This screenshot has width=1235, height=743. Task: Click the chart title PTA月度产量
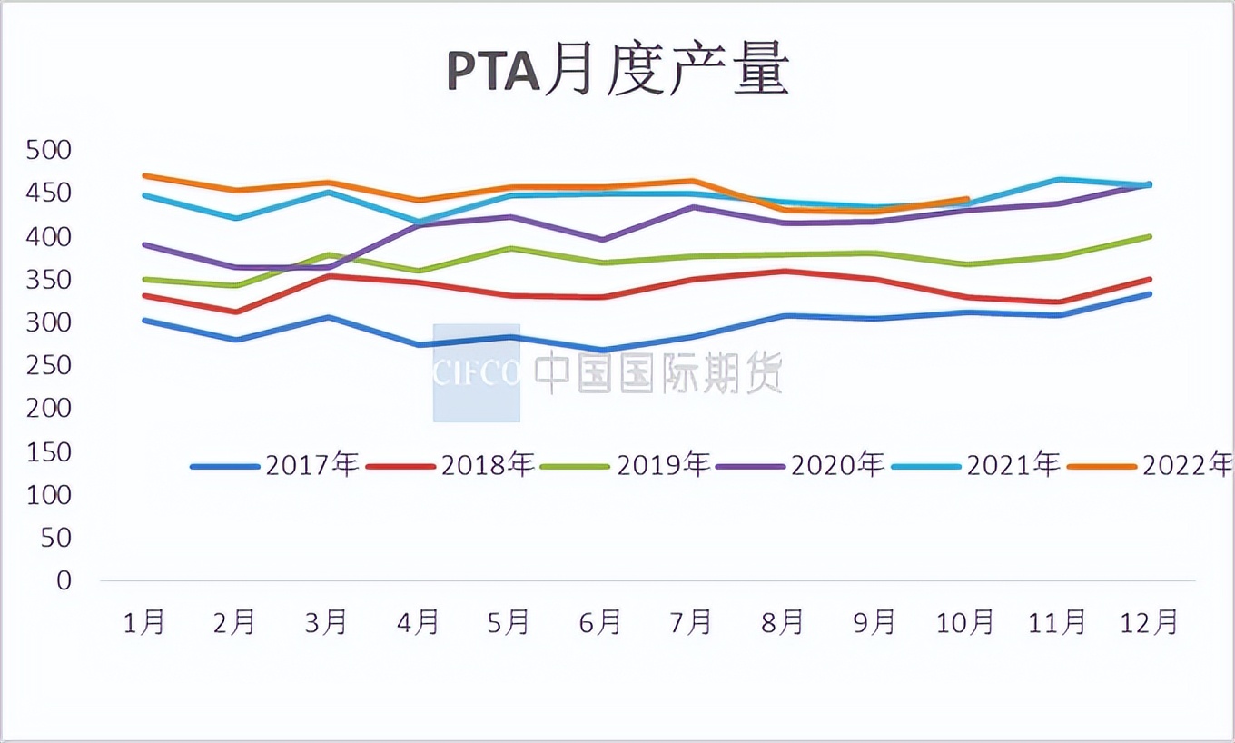617,72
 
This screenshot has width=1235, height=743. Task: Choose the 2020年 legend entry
800,465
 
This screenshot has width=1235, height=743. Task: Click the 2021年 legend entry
976,465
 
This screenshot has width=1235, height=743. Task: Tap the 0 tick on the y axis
63,580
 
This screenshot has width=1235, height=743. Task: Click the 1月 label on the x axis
144,622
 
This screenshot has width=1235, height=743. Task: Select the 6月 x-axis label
600,622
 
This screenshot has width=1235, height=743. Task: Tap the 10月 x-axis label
965,622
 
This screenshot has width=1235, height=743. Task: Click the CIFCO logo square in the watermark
476,372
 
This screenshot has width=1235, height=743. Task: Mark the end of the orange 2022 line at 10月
968,199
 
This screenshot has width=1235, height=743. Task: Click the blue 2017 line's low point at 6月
601,350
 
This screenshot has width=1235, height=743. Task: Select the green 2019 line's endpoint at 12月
1151,236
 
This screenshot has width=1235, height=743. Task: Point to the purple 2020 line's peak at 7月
693,207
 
